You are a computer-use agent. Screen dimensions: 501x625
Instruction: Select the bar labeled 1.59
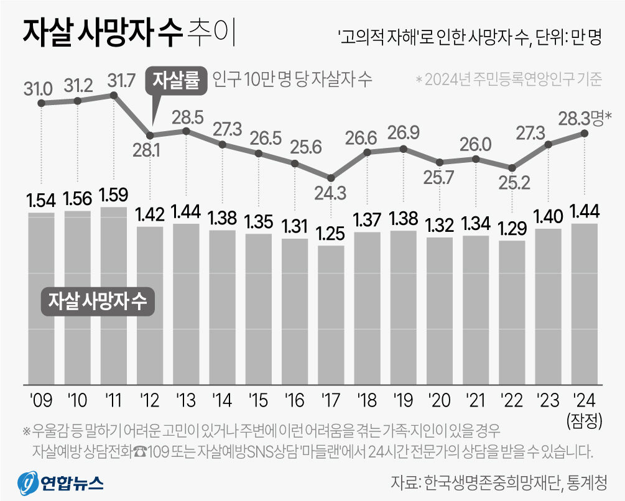114,295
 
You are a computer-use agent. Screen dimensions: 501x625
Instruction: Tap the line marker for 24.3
331,177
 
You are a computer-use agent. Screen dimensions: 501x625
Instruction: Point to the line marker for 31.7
114,95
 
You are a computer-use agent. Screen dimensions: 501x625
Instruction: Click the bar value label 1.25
331,236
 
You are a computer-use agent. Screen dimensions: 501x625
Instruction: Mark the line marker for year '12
150,135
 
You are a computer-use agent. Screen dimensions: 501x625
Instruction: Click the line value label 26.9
404,132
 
